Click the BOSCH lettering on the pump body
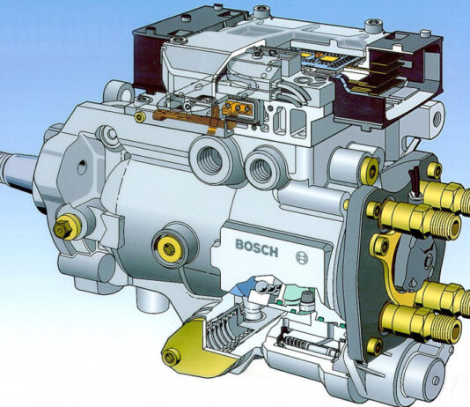click(x=257, y=248)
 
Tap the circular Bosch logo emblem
click(x=302, y=257)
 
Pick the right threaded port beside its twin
click(x=260, y=169)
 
